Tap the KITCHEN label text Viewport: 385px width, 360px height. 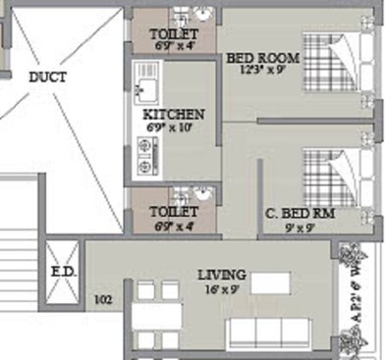(174, 114)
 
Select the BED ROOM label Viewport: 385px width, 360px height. (262, 58)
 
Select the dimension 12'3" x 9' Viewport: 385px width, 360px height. (262, 72)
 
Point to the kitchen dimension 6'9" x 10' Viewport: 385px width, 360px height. (174, 128)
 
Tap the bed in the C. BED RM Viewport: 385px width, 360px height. (333, 177)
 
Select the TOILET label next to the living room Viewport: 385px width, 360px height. (174, 212)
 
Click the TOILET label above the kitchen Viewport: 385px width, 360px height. (174, 33)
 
